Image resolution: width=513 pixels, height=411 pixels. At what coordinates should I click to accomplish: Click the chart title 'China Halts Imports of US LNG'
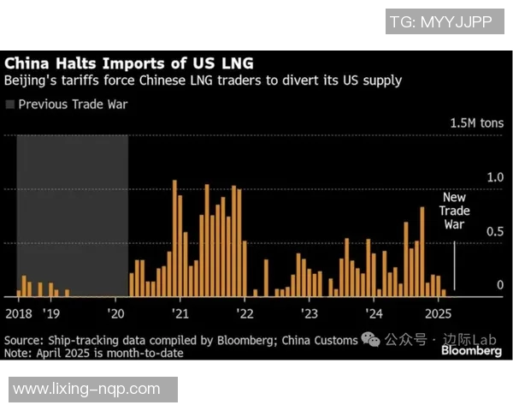click(x=129, y=63)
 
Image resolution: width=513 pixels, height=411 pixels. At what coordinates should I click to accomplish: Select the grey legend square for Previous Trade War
click(x=10, y=104)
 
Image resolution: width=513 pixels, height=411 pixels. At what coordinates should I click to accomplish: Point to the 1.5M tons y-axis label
click(x=477, y=123)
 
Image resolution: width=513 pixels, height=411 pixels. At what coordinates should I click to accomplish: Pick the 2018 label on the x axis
click(x=18, y=313)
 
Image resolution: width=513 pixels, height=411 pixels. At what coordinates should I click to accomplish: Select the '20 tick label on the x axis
click(x=116, y=313)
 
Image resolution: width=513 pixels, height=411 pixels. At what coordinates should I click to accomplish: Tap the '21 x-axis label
click(x=180, y=313)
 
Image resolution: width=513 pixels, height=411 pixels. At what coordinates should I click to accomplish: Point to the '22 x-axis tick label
click(x=245, y=313)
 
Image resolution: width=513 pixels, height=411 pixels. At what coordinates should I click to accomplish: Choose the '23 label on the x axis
click(x=310, y=313)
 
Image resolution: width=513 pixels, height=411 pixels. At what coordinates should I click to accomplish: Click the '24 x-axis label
click(x=374, y=313)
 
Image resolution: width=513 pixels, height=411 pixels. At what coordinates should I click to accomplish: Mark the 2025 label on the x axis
click(x=437, y=313)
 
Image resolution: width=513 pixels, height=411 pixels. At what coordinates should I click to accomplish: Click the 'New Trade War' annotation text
click(x=454, y=211)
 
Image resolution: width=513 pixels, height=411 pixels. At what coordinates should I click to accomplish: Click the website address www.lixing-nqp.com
click(x=86, y=389)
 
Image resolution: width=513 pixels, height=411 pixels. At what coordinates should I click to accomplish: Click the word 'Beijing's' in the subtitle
click(x=32, y=81)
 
